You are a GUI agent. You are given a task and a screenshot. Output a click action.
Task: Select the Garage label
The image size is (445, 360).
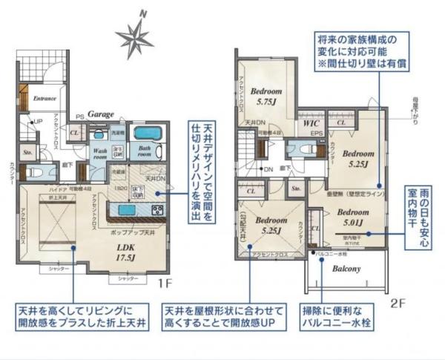(101, 114)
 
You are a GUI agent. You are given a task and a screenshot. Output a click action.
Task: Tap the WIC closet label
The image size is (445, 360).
(309, 124)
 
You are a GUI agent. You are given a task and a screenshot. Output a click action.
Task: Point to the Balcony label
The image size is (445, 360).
(346, 269)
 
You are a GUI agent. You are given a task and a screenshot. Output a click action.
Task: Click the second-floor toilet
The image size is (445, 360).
(303, 147)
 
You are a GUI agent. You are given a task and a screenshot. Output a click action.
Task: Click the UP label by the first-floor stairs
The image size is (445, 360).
(38, 121)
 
